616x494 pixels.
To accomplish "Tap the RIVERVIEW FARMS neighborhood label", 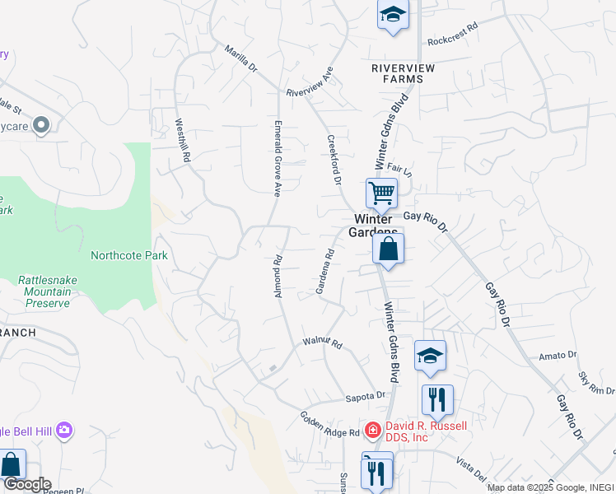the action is click(397, 73).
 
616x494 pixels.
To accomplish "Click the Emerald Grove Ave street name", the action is click(278, 159).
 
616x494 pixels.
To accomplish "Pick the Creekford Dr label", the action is click(334, 159).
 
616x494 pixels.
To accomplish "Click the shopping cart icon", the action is click(382, 194).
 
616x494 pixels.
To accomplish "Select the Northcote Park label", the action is click(129, 255).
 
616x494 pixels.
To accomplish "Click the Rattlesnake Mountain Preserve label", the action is click(48, 291).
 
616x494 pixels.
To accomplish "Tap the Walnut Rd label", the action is click(322, 341).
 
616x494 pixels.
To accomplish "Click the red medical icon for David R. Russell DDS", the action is click(372, 430).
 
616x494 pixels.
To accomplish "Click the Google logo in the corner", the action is click(26, 484).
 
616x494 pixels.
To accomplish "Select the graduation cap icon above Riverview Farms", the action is click(394, 14).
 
